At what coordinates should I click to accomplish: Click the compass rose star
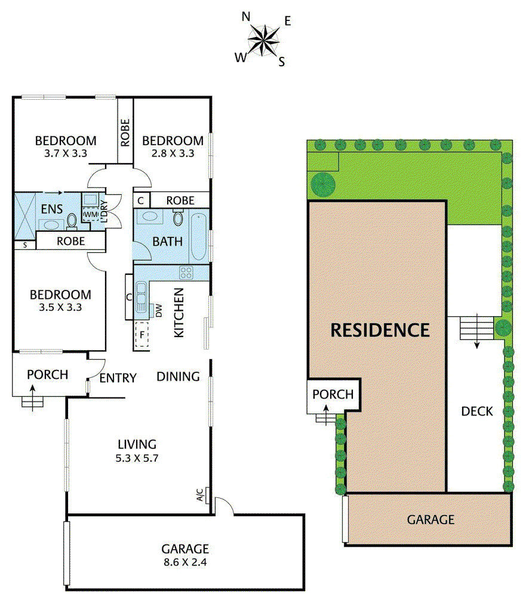tap(263, 41)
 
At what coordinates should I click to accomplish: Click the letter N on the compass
tap(245, 17)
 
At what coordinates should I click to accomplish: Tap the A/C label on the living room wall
tap(201, 494)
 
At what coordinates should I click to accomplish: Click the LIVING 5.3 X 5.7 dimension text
tap(137, 451)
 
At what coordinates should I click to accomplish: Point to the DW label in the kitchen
tap(159, 310)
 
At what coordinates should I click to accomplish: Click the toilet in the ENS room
tap(72, 221)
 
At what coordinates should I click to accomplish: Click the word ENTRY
tap(118, 378)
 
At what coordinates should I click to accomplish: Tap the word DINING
tap(178, 377)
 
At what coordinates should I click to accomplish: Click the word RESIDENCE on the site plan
tap(380, 329)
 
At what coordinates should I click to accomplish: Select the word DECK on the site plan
tap(477, 411)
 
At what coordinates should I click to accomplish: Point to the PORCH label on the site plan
tap(333, 394)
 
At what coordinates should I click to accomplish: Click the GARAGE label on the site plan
tap(430, 519)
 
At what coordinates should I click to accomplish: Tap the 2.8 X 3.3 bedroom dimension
tap(173, 152)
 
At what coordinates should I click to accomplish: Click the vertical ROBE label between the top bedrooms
tap(125, 133)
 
